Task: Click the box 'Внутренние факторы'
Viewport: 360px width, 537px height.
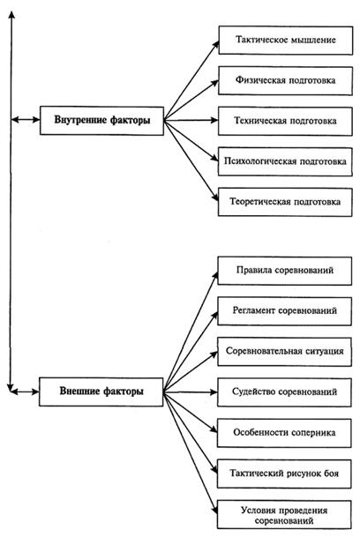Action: tap(101, 120)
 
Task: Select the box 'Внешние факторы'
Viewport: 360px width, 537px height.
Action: tap(101, 392)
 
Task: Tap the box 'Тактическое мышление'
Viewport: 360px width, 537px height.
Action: tap(286, 40)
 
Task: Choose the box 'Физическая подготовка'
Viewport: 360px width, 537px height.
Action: tap(285, 81)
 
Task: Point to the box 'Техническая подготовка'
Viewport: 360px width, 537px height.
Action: tap(285, 121)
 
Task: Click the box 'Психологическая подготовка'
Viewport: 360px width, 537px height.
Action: tap(285, 161)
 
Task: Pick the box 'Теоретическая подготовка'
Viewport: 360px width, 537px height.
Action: tap(285, 202)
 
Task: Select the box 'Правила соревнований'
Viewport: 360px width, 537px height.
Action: tap(285, 271)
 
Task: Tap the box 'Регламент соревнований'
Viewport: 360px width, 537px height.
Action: tap(285, 311)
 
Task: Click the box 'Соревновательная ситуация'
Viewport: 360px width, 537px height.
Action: tap(285, 352)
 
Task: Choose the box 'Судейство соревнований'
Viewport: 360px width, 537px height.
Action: tap(284, 392)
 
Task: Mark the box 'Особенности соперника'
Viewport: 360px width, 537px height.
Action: tap(284, 433)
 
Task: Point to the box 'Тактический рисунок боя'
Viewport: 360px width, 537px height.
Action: tap(284, 474)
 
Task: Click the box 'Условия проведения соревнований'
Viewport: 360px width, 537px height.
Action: tap(284, 514)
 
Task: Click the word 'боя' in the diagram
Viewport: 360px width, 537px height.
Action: tap(331, 474)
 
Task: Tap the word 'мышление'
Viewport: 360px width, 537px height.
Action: tap(313, 40)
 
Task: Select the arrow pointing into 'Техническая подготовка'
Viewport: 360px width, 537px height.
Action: tap(191, 120)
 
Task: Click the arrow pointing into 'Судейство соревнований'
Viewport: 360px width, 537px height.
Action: tap(190, 392)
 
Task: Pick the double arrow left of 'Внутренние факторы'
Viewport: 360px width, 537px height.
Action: tap(26, 120)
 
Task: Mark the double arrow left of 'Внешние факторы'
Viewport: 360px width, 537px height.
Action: tap(25, 392)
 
